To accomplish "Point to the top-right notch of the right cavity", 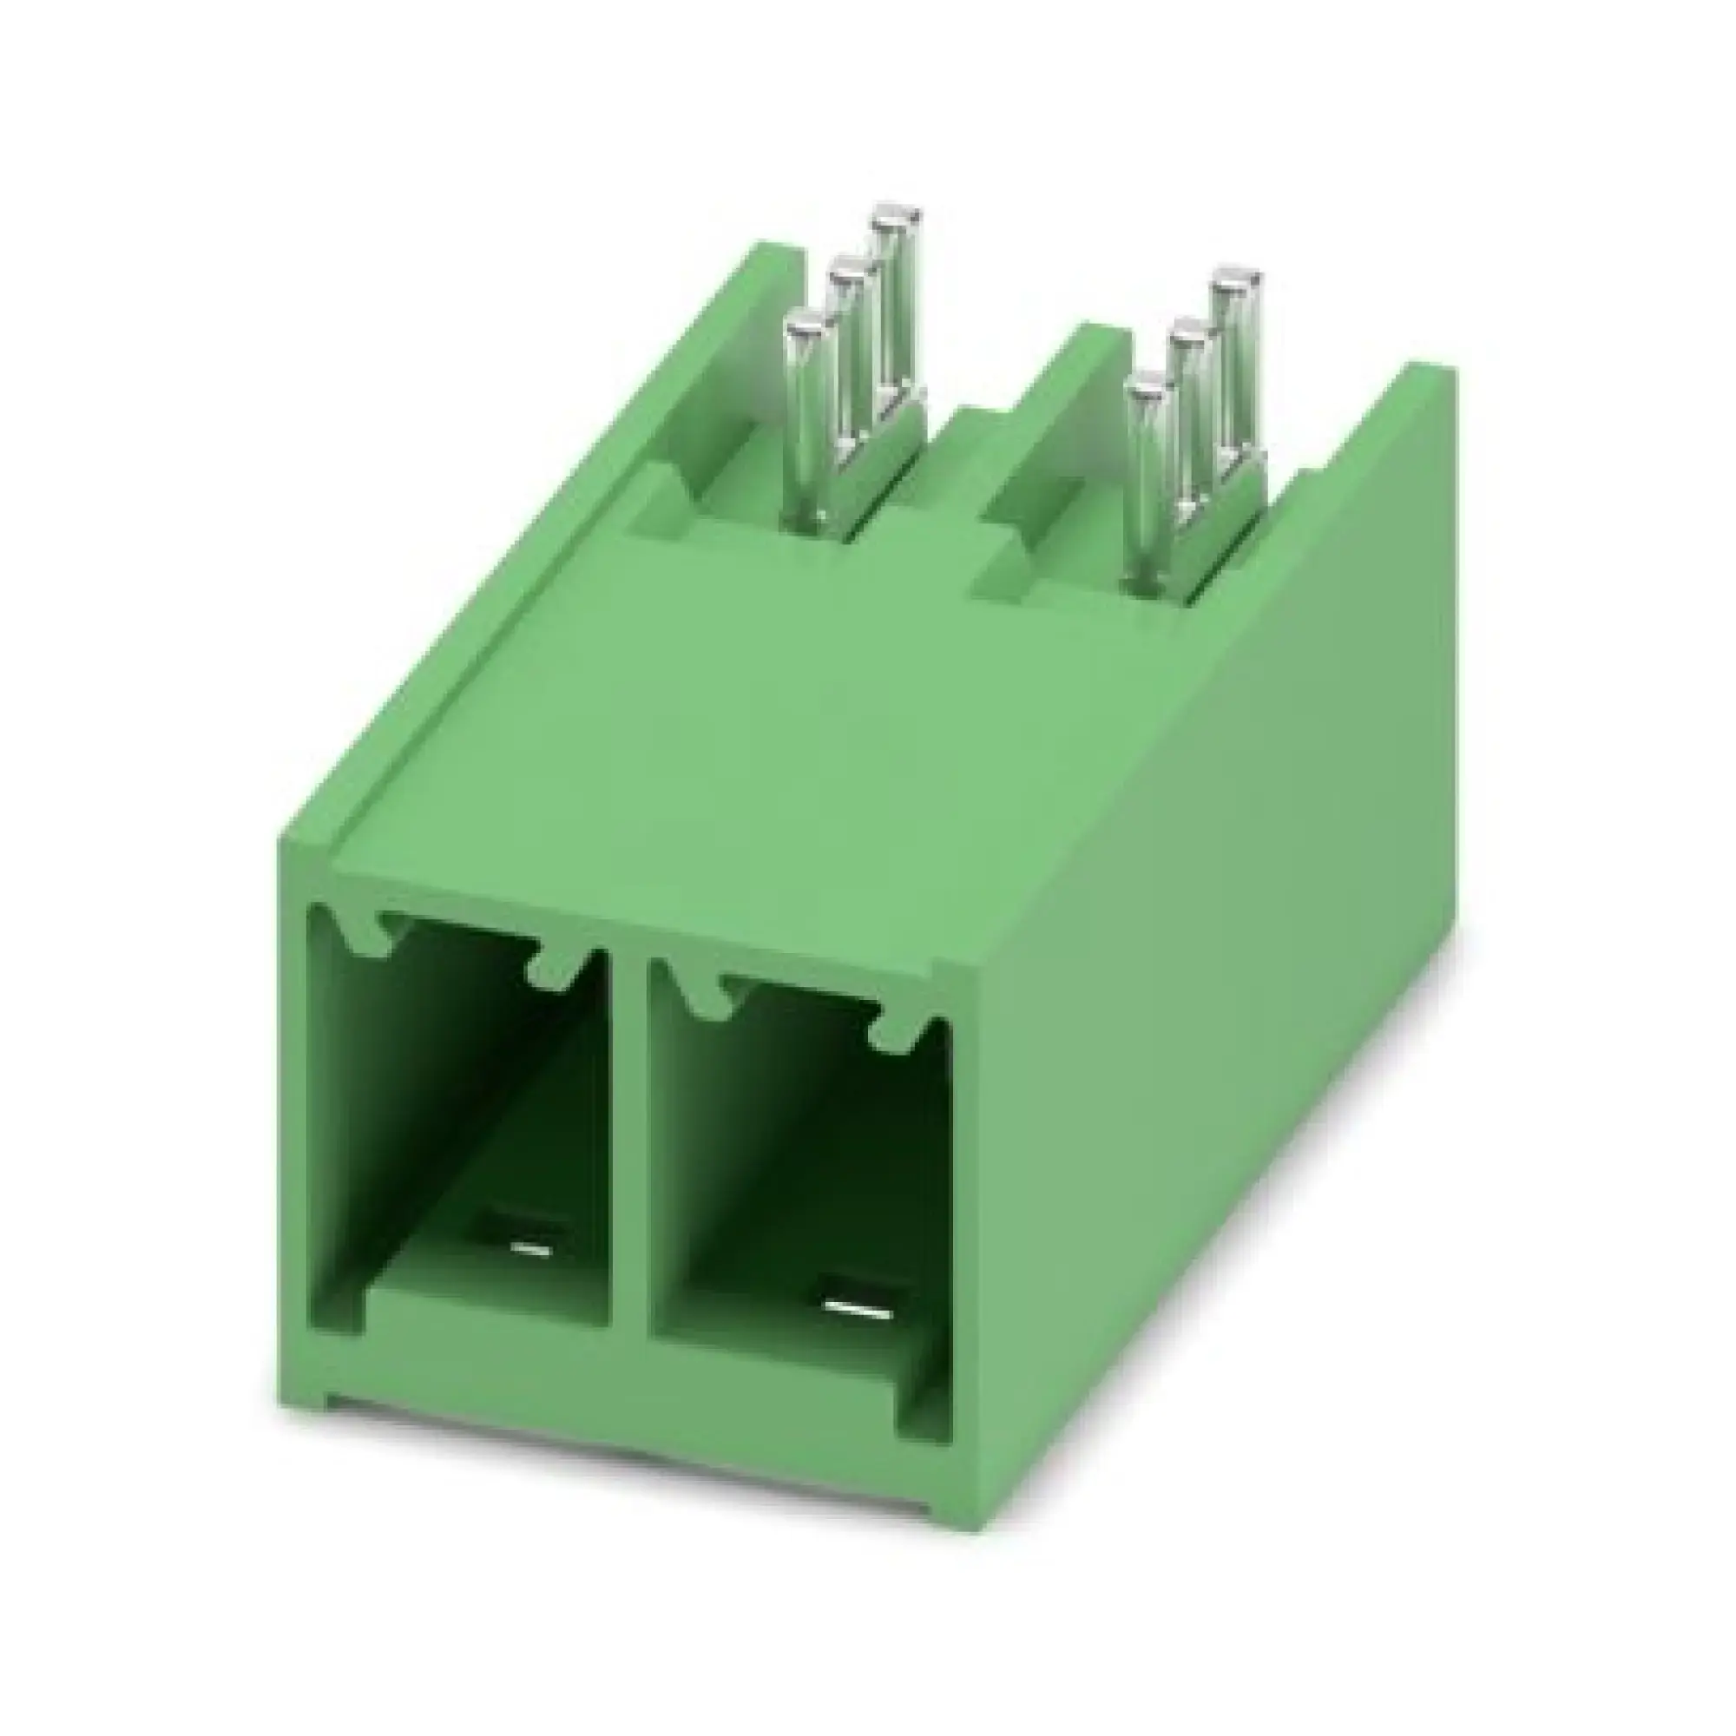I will [895, 1033].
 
